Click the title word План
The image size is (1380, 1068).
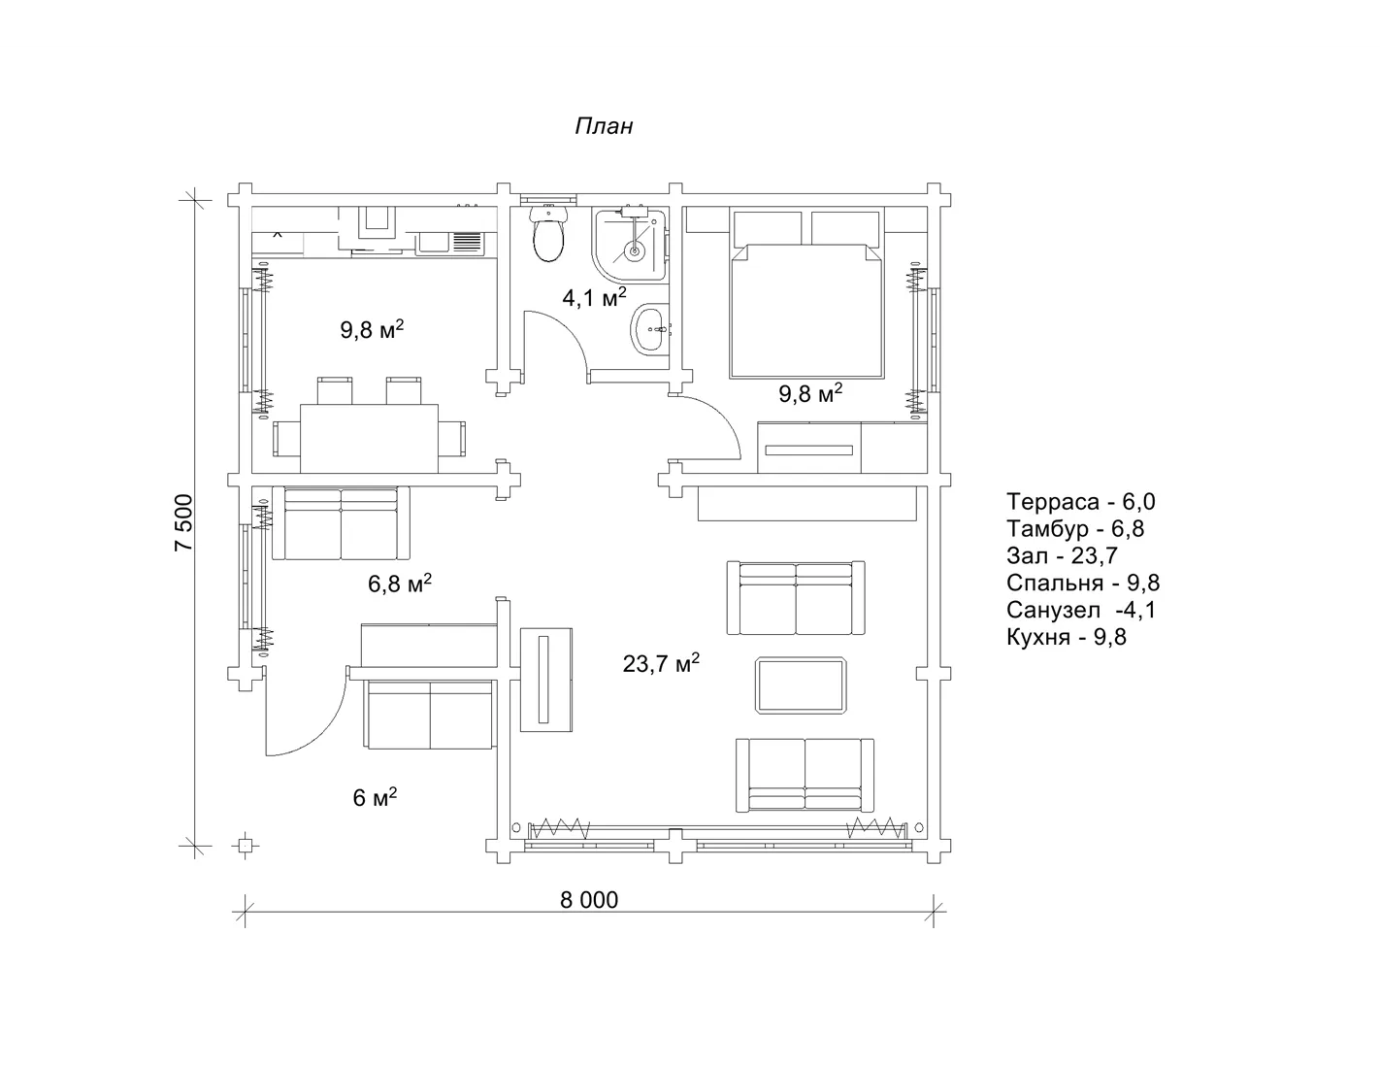pos(604,126)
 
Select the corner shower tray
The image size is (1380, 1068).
pos(630,246)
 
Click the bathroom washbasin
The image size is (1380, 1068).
pos(649,328)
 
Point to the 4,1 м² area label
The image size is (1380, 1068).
pos(594,297)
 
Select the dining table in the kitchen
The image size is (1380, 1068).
pos(369,439)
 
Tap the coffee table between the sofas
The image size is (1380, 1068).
pos(801,684)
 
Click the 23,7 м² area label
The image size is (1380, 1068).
pos(661,663)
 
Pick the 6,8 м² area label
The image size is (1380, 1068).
pos(400,583)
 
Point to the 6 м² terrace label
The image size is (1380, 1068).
pos(375,797)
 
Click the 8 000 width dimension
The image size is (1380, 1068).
pos(589,900)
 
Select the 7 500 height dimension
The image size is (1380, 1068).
pos(183,523)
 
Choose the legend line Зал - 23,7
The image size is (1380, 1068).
pos(1062,555)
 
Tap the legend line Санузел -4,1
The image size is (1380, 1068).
pos(1081,610)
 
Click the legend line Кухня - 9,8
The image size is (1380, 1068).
pos(1067,637)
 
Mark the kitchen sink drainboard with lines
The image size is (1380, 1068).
pos(468,243)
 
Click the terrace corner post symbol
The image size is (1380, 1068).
pos(246,846)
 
